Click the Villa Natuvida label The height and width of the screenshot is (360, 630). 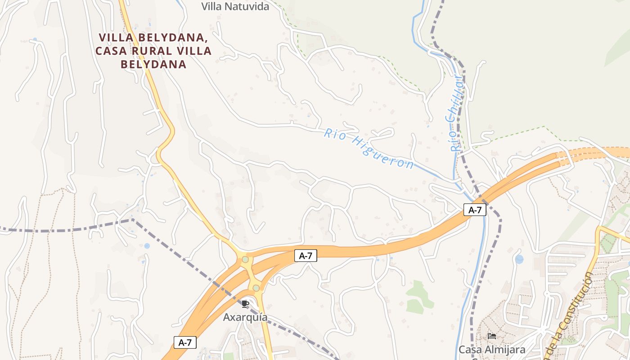point(235,6)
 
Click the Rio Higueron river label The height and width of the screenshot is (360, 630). point(369,149)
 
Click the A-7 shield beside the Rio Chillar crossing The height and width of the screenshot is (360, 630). point(475,210)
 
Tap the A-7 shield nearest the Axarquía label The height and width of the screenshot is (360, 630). point(185,342)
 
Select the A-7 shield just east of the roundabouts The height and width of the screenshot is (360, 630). point(306,256)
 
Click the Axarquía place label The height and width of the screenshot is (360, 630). point(245,317)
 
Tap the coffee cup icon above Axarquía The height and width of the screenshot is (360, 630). point(245,304)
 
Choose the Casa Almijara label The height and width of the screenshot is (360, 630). point(492,349)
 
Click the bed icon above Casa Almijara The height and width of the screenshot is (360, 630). point(492,336)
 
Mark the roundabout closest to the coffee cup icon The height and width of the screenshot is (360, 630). point(256,288)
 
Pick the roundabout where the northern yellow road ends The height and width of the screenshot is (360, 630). point(245,259)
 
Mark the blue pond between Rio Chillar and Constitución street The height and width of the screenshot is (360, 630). point(519,259)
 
